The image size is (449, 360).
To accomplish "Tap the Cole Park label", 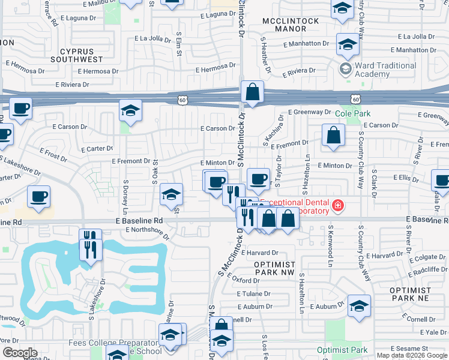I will pos(352,113).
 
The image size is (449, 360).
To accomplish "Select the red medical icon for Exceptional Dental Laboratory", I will pos(338,206).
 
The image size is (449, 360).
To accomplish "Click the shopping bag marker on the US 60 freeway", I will pos(253,92).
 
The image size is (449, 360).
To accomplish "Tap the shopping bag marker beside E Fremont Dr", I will pos(333,136).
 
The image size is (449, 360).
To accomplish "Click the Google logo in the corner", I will pos(19,353).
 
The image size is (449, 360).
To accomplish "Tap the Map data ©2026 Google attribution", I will pos(412,355).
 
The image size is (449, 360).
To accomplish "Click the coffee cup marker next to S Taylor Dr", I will pos(258,178).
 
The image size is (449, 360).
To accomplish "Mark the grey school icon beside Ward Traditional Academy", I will pos(346,69).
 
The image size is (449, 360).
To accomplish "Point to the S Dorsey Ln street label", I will pos(125,197).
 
